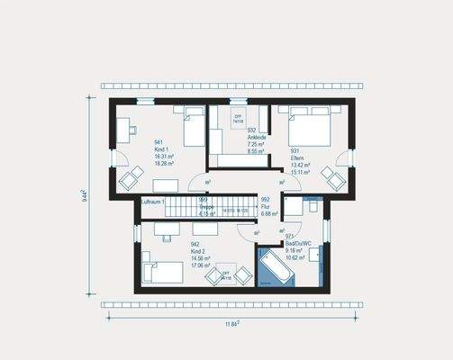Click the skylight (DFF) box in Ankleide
click(239, 119)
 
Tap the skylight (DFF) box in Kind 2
click(225, 275)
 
